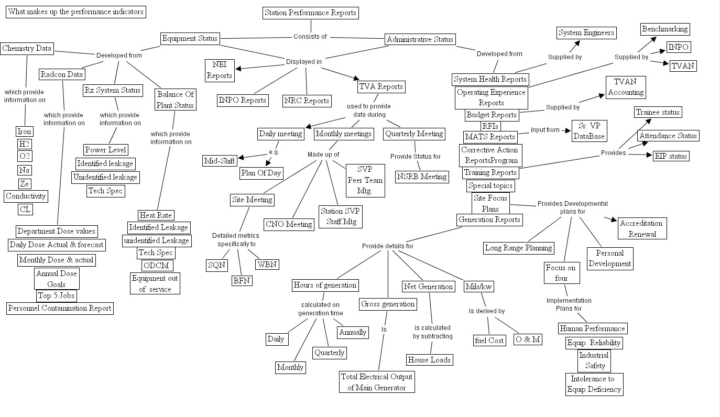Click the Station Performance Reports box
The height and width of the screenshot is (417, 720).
pyautogui.click(x=310, y=13)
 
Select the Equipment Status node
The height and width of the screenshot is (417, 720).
pyautogui.click(x=190, y=38)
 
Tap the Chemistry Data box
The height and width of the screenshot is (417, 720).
pyautogui.click(x=27, y=48)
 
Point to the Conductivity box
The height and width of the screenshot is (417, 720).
pyautogui.click(x=26, y=196)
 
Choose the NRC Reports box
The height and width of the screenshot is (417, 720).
pyautogui.click(x=307, y=101)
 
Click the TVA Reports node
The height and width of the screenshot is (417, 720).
pyautogui.click(x=381, y=86)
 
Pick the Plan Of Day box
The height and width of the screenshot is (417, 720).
pyautogui.click(x=261, y=173)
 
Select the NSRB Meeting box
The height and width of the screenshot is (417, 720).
pyautogui.click(x=422, y=177)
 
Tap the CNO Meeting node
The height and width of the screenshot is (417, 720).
pyautogui.click(x=289, y=224)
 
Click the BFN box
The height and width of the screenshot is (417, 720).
pyautogui.click(x=242, y=280)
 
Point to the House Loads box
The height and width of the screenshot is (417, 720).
pyautogui.click(x=429, y=359)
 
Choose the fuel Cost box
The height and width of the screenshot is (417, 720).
pyautogui.click(x=489, y=340)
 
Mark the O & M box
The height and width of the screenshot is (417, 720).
pyautogui.click(x=527, y=339)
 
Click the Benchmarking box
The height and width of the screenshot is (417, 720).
pyautogui.click(x=664, y=29)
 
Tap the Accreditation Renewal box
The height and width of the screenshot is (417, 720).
pyautogui.click(x=642, y=228)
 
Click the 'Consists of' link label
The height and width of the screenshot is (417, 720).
pyautogui.click(x=310, y=37)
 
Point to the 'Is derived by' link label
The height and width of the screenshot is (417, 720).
pyautogui.click(x=486, y=311)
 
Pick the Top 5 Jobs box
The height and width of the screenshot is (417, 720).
pyautogui.click(x=56, y=295)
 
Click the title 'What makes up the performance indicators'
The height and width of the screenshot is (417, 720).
pyautogui.click(x=75, y=12)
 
